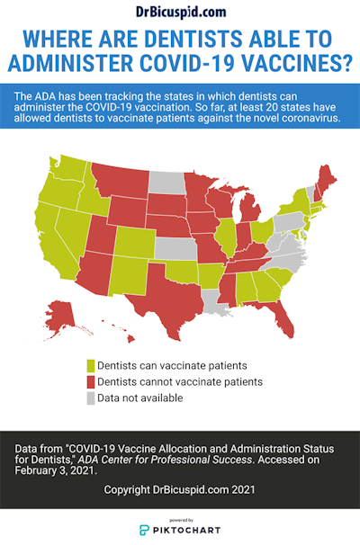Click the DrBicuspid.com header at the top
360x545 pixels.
pyautogui.click(x=180, y=11)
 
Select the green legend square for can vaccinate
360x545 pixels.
pyautogui.click(x=91, y=366)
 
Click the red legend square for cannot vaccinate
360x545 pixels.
pyautogui.click(x=91, y=381)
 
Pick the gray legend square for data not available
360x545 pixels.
pyautogui.click(x=91, y=397)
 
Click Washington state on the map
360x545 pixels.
pyautogui.click(x=69, y=170)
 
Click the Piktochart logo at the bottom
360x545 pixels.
pyautogui.click(x=180, y=530)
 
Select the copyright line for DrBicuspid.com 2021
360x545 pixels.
pyautogui.click(x=180, y=489)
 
